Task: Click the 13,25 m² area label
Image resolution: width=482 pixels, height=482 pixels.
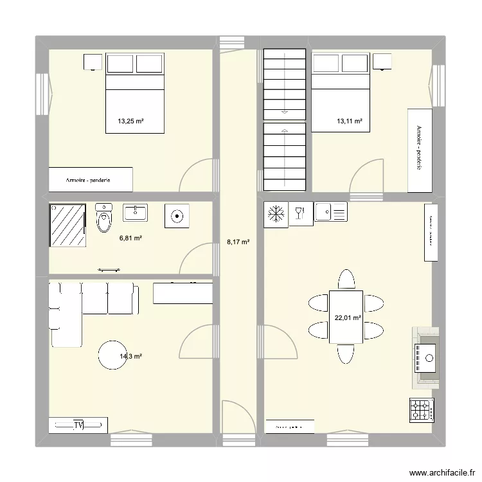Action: coord(130,120)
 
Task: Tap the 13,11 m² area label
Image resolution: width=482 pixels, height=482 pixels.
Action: coord(350,120)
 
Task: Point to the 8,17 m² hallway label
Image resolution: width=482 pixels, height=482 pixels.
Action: coord(238,242)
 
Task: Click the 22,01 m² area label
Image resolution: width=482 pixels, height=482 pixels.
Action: coord(348,317)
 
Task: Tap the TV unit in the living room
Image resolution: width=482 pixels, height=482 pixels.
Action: coord(78,425)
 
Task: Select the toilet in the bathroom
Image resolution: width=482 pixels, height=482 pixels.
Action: coord(103,219)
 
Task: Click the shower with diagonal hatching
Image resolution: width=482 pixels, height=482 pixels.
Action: coord(67,225)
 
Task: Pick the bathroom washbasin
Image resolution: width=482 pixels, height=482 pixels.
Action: coord(136,213)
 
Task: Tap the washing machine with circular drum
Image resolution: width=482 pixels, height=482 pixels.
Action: coord(175,216)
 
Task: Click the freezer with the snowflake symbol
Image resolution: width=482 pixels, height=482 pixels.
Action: coord(276,214)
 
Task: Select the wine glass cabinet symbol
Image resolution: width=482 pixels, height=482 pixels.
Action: coord(299,213)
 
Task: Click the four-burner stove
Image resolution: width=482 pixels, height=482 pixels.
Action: coord(422,409)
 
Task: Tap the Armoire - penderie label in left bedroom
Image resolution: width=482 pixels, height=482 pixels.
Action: coord(88,180)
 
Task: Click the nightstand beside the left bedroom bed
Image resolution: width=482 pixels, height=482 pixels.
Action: coord(93,62)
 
